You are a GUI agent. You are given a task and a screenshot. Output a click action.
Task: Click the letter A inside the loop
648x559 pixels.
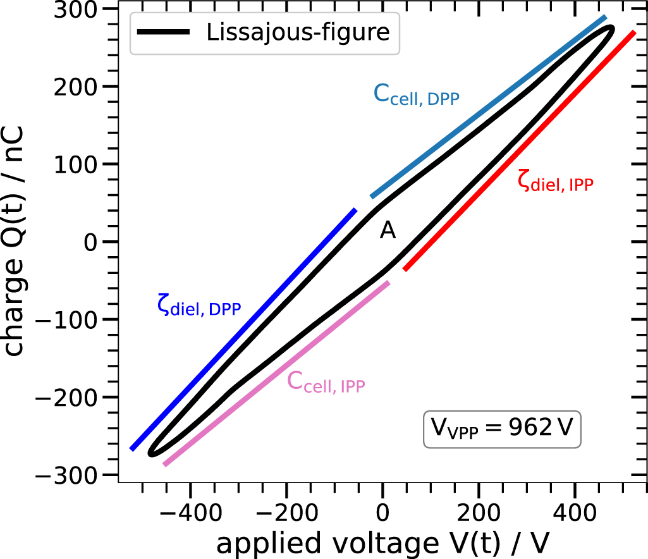388,231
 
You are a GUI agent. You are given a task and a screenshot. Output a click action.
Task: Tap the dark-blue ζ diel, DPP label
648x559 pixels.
199,305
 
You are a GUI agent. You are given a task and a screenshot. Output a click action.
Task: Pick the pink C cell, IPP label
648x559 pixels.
326,383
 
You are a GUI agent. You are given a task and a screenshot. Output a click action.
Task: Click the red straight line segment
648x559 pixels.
518,151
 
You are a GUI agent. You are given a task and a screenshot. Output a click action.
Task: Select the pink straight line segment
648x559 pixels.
276,374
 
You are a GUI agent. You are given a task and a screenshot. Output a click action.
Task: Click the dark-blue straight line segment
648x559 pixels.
243,329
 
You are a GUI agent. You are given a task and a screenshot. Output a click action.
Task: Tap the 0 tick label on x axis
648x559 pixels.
382,510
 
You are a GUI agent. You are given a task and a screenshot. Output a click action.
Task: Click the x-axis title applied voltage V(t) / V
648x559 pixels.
382,543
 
